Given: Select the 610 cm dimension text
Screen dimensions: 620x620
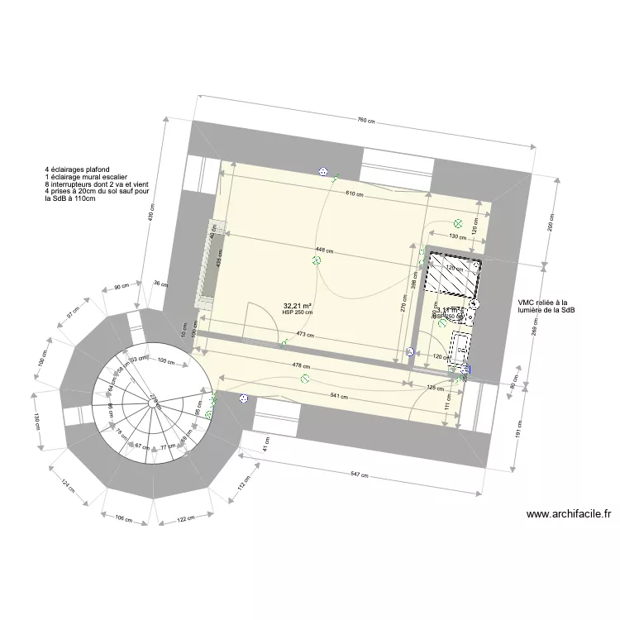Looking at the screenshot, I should click(x=355, y=193).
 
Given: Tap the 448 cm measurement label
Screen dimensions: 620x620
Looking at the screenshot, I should click(x=324, y=250).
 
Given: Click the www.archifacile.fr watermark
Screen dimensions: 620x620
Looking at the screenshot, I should click(x=569, y=513).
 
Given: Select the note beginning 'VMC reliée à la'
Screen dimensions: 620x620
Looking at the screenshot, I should click(x=546, y=306).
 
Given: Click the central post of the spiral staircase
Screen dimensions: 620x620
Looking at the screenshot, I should click(x=153, y=403).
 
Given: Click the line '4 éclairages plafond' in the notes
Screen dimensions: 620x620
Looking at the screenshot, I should click(x=78, y=169).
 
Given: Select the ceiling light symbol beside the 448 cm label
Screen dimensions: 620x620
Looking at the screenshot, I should click(x=316, y=261).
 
